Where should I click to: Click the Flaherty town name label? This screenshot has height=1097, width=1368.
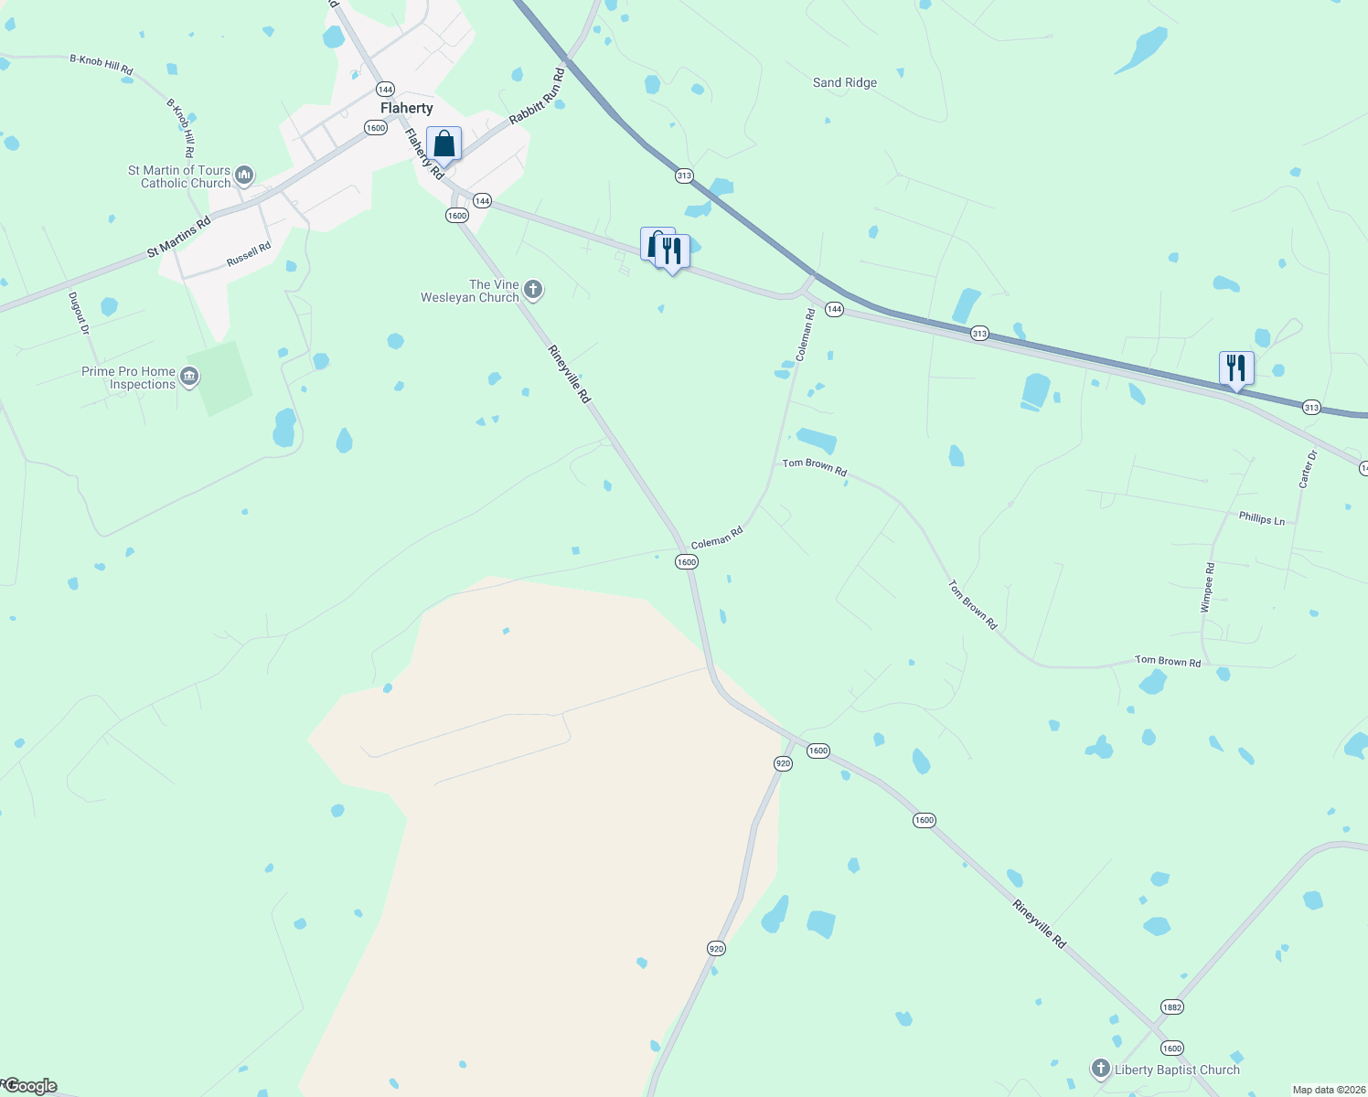[406, 108]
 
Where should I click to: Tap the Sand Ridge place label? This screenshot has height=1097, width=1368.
[844, 82]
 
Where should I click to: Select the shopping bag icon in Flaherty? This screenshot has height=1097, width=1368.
[444, 144]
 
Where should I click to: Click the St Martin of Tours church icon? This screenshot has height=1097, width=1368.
[244, 175]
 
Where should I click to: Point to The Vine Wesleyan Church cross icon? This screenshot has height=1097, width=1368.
[533, 290]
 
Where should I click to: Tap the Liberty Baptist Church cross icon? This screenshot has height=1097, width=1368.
[1100, 1068]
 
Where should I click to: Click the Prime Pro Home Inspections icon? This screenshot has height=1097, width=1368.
[189, 377]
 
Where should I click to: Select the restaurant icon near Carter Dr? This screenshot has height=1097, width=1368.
[1235, 367]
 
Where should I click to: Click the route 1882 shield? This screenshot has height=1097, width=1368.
[1172, 1006]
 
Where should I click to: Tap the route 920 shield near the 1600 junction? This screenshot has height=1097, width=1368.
[783, 763]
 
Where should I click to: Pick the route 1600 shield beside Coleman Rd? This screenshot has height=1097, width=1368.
[687, 561]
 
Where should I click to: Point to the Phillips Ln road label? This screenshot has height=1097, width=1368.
[1262, 518]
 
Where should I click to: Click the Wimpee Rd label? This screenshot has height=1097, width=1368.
[1207, 587]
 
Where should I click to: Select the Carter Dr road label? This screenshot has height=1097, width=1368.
[1309, 468]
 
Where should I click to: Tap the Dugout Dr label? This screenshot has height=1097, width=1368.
[80, 313]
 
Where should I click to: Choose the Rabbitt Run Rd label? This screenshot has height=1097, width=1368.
[538, 94]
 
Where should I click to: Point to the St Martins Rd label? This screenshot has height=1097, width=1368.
[179, 237]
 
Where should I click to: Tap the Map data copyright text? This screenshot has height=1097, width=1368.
[1329, 1090]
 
